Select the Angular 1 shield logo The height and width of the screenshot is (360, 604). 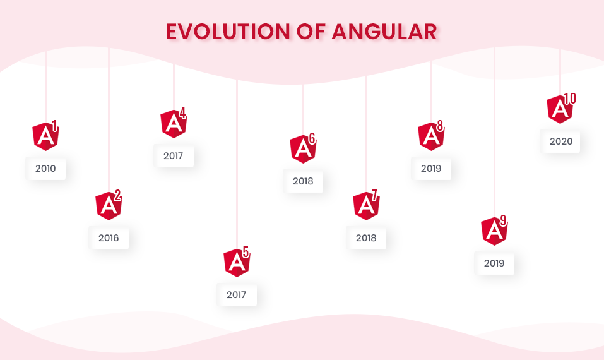click(x=45, y=136)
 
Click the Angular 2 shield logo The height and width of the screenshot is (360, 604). click(x=109, y=206)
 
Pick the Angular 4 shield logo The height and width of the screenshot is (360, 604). click(x=174, y=124)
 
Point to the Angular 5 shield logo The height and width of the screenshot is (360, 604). click(x=237, y=263)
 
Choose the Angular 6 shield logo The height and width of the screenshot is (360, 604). click(x=303, y=149)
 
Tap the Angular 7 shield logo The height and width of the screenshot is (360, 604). click(x=366, y=206)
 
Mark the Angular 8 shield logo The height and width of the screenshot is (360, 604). click(x=431, y=136)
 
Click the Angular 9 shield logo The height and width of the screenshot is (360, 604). click(x=494, y=231)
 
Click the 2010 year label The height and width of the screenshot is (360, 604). click(x=45, y=169)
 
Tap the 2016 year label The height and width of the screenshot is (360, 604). click(x=109, y=238)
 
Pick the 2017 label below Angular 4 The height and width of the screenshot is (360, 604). click(x=173, y=156)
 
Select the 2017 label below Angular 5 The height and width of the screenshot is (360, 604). click(x=236, y=295)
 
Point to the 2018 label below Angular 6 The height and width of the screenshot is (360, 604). click(x=303, y=181)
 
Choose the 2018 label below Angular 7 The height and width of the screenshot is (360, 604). click(x=366, y=238)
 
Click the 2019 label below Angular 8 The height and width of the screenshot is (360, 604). click(x=431, y=169)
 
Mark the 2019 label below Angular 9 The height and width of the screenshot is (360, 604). click(x=494, y=263)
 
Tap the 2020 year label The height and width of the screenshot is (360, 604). click(x=560, y=141)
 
